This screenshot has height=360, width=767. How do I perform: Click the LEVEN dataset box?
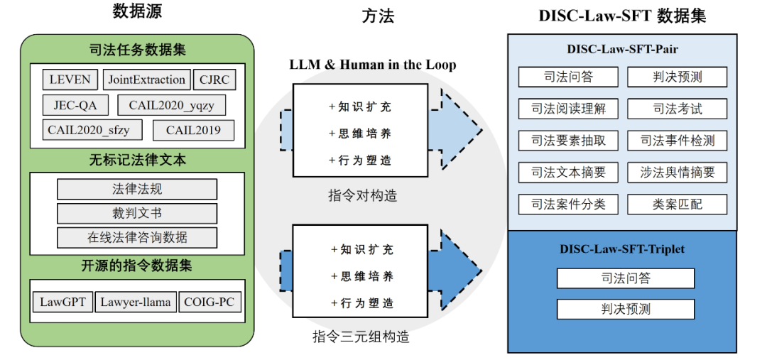click(x=70, y=80)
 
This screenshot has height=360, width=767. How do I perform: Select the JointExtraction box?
click(x=147, y=80)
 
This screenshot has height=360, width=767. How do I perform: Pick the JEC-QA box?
click(x=75, y=105)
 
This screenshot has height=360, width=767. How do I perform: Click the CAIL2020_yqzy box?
click(x=177, y=105)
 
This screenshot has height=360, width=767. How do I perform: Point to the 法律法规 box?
click(x=137, y=189)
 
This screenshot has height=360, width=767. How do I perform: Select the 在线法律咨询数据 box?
click(x=137, y=237)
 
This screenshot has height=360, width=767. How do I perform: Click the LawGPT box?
click(x=62, y=302)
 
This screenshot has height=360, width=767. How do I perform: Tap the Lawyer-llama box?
click(x=135, y=302)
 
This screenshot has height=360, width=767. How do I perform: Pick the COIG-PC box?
click(x=210, y=302)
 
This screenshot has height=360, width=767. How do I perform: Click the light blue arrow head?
click(x=462, y=131)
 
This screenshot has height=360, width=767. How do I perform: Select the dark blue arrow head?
click(x=462, y=273)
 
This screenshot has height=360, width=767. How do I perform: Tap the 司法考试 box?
click(x=678, y=109)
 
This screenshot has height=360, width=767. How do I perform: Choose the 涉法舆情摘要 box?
click(x=678, y=173)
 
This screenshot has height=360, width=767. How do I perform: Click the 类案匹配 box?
click(x=678, y=204)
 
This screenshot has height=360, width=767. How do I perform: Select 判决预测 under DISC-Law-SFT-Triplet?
click(x=625, y=310)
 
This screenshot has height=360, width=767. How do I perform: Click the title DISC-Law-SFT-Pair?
click(x=622, y=50)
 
